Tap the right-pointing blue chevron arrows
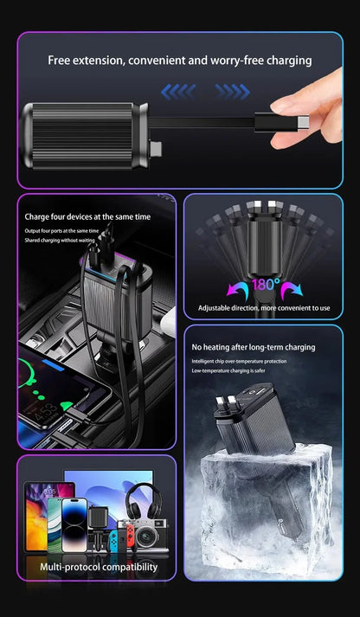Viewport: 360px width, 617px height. [x=232, y=91]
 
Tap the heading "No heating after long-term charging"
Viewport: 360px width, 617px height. [x=254, y=347]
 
